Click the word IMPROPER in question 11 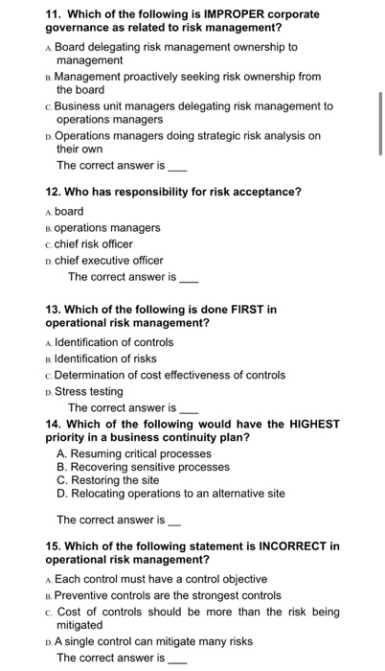coord(219,14)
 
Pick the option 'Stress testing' coord(88,391)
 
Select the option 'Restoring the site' coord(118,481)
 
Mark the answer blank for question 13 coord(190,408)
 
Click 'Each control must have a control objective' coord(161,579)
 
